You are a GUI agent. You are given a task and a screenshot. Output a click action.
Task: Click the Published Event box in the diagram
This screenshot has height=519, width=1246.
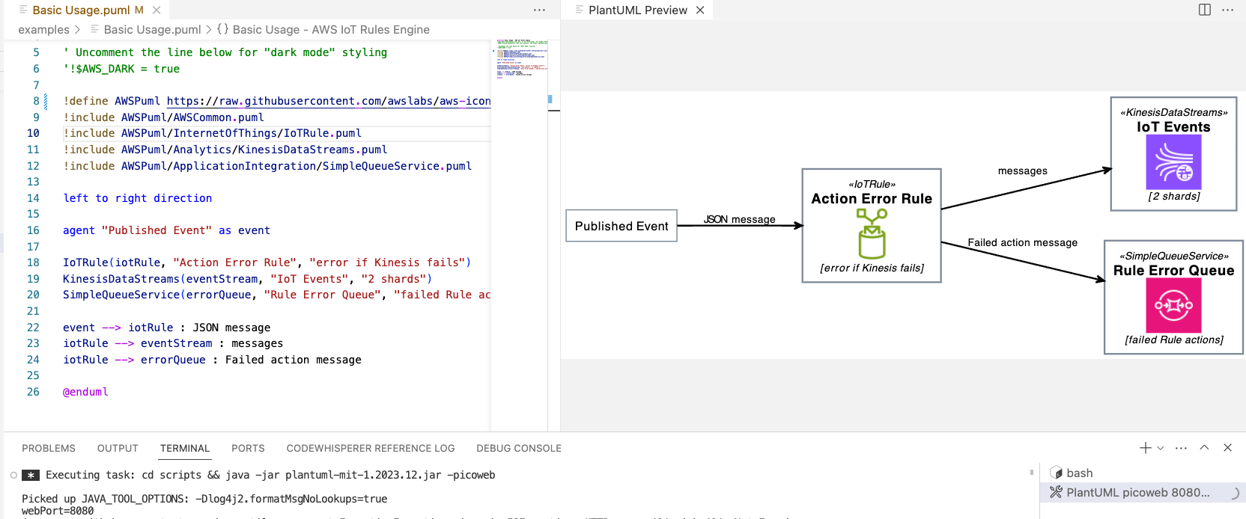(621, 226)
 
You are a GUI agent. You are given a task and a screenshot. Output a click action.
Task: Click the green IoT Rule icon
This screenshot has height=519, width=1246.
(872, 233)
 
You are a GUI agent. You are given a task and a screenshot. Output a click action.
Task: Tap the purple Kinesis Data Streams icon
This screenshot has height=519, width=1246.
(1173, 162)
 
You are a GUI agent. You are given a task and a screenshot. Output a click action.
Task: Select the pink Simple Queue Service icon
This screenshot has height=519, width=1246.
(1173, 305)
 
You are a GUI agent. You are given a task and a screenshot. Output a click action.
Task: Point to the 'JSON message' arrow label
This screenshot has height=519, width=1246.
(740, 219)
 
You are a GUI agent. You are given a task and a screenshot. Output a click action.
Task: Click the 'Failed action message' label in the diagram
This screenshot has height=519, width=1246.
(1022, 242)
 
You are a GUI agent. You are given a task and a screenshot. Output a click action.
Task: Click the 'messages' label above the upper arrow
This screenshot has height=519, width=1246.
(1022, 171)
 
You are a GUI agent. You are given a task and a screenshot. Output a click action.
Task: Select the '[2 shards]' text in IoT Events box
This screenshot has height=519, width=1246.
(1173, 196)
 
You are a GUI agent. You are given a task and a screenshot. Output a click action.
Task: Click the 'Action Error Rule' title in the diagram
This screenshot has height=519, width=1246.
(872, 199)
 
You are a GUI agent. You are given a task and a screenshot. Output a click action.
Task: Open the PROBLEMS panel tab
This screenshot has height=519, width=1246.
(49, 448)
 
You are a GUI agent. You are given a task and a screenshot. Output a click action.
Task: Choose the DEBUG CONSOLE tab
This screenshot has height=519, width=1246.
(518, 448)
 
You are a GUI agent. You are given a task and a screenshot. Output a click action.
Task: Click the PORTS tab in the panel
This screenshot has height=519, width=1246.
(248, 448)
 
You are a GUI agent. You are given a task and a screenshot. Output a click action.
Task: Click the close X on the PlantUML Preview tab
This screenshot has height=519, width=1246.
(700, 10)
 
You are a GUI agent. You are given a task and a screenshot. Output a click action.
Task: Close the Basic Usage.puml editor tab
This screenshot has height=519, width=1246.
(156, 10)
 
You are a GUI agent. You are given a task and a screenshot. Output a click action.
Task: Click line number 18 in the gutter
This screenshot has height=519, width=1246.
(33, 262)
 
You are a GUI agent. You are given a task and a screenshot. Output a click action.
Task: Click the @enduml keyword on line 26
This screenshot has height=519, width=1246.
(85, 392)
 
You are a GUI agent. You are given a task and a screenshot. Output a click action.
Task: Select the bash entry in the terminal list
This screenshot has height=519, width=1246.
(1079, 473)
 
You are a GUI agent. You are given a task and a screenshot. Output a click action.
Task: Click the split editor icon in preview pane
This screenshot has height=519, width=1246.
(1205, 10)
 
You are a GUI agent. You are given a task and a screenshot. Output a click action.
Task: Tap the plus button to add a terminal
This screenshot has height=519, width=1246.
(1145, 448)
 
